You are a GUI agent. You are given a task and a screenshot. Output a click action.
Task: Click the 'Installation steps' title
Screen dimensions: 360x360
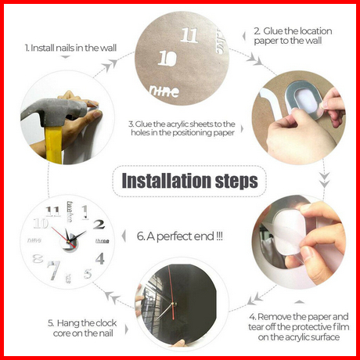tap(189, 181)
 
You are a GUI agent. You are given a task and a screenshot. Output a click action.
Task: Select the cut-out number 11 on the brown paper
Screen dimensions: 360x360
tap(189, 35)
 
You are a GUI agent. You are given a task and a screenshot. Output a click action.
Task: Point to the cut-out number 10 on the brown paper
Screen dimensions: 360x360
tap(167, 58)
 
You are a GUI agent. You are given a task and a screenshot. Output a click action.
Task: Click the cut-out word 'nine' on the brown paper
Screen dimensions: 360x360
tap(164, 91)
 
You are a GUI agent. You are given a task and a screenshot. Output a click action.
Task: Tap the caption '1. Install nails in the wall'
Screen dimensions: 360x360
tap(70, 48)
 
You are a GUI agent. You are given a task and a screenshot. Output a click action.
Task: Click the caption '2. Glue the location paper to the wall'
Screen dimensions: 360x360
tap(293, 36)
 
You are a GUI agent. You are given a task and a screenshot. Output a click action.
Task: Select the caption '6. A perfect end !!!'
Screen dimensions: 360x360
tap(180, 236)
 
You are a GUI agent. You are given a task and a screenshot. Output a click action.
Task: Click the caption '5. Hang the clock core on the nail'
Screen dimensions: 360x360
tap(82, 328)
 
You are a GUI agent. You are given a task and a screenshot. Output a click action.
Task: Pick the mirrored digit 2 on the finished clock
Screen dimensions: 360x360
tap(99, 225)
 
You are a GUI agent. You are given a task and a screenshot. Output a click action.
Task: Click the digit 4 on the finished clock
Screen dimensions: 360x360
tap(100, 258)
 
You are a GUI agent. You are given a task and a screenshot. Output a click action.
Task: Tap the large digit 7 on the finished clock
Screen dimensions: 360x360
tap(54, 270)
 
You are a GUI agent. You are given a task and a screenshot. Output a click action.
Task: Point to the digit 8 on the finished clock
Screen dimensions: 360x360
tap(38, 259)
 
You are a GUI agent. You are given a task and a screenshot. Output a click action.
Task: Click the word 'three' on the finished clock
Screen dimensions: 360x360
tap(103, 241)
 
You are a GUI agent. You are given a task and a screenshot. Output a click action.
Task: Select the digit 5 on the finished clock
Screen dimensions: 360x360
tap(88, 274)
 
